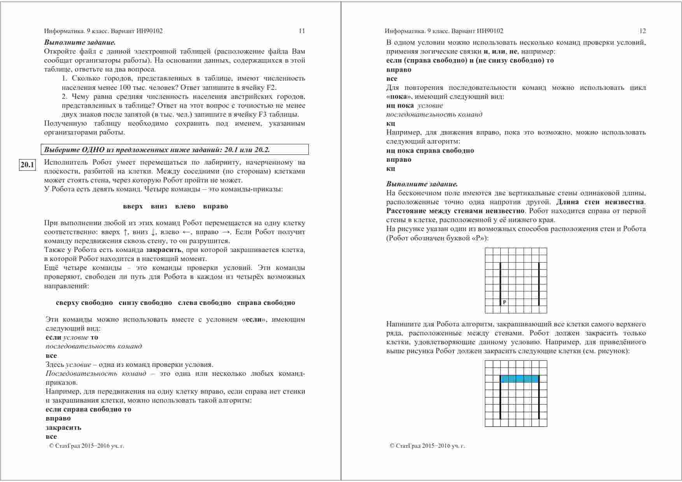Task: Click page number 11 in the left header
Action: pyautogui.click(x=302, y=31)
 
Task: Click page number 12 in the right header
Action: pyautogui.click(x=642, y=31)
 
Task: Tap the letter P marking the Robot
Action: pyautogui.click(x=504, y=302)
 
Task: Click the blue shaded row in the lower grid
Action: pyautogui.click(x=519, y=379)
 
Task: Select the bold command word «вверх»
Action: pyautogui.click(x=133, y=207)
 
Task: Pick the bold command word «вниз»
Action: pyautogui.click(x=159, y=207)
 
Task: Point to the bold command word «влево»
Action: pyautogui.click(x=185, y=207)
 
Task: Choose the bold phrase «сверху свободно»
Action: pyautogui.click(x=84, y=303)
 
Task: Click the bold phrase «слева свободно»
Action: pyautogui.click(x=205, y=303)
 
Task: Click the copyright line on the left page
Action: pyautogui.click(x=87, y=446)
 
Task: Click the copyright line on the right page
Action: pyautogui.click(x=427, y=446)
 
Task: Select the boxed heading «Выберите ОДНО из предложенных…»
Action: pyautogui.click(x=157, y=150)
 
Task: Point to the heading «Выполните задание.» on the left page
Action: pyautogui.click(x=80, y=42)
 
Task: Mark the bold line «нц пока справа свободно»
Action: pyautogui.click(x=430, y=151)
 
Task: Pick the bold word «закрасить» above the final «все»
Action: pyautogui.click(x=63, y=428)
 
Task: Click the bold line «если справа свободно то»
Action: pyautogui.click(x=88, y=409)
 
